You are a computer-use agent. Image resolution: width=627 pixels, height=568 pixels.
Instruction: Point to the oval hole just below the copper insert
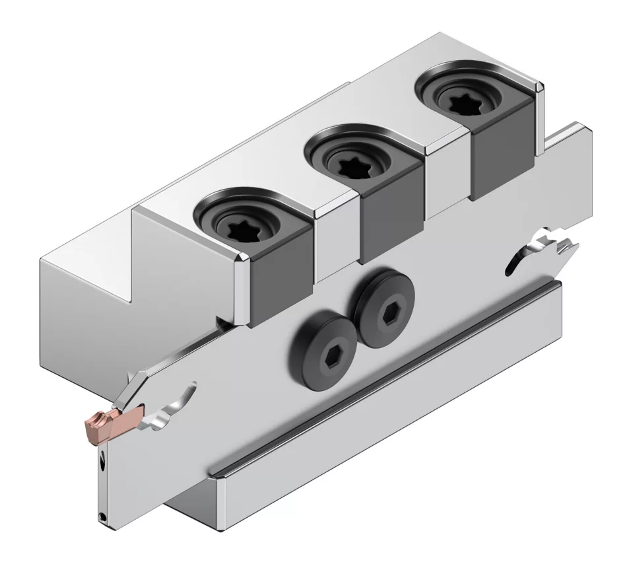[x=103, y=464]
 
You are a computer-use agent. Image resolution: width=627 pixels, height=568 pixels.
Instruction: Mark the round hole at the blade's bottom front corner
[x=102, y=516]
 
